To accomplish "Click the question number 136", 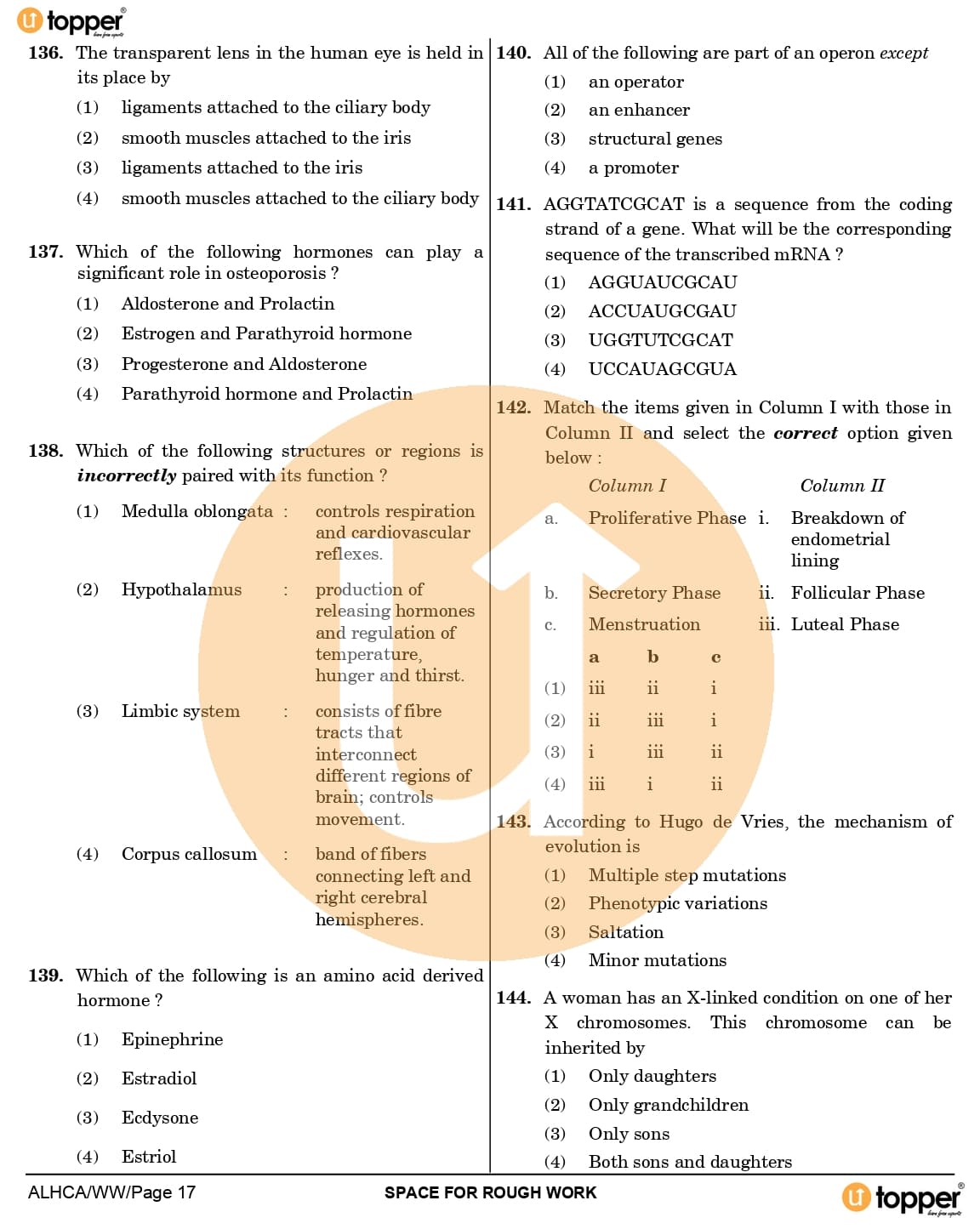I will click(45, 53).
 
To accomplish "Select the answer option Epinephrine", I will click(172, 1039).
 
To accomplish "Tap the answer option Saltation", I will click(625, 932).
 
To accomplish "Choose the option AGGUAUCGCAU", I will click(663, 282).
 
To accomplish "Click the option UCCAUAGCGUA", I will click(662, 369).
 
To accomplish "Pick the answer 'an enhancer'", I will click(639, 111).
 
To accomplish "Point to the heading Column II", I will click(841, 486).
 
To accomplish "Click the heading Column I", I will click(627, 486).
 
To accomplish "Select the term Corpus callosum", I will click(189, 854).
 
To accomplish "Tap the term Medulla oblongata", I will click(197, 511).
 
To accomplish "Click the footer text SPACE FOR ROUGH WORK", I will click(490, 1192).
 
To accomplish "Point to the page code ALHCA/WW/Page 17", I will click(111, 1192).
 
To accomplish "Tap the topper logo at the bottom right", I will click(903, 1198).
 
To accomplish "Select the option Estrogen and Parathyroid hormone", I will click(266, 333).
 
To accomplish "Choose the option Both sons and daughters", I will click(690, 1162).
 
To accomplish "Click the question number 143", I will click(513, 822).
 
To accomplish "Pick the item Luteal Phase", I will click(845, 624).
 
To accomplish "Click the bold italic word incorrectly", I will click(127, 475).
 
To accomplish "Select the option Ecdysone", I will click(160, 1118).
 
